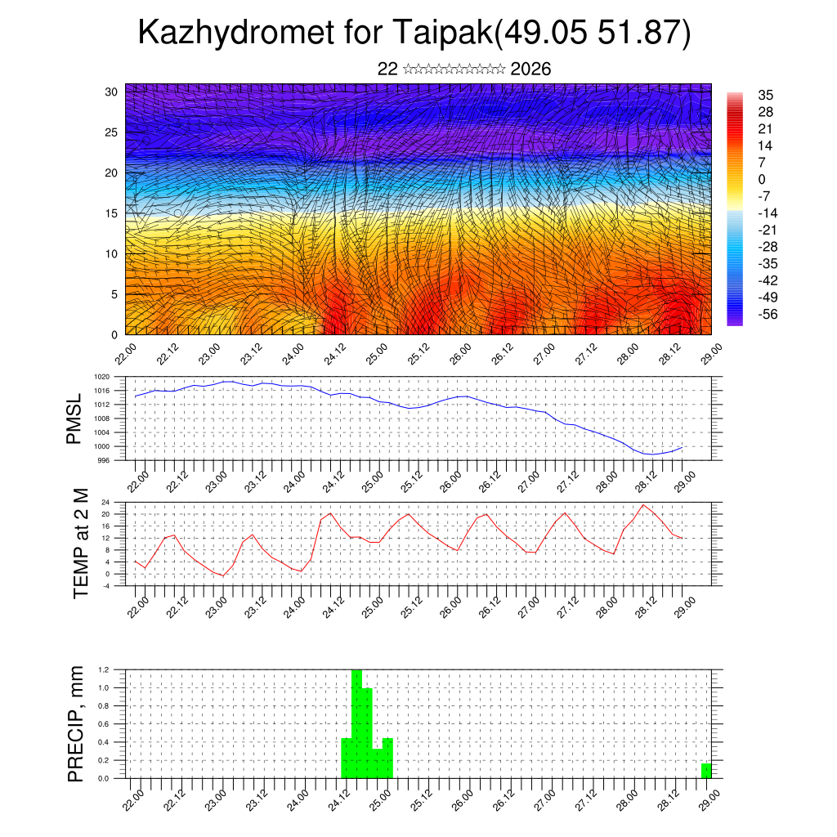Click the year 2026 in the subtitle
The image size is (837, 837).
coord(530,69)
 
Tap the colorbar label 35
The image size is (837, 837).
coord(766,95)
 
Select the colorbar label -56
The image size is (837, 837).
coord(769,313)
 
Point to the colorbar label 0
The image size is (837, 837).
coord(762,179)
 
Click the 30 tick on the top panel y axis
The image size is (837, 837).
coord(111,92)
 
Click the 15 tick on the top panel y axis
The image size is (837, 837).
coord(111,213)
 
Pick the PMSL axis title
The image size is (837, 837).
coord(75,419)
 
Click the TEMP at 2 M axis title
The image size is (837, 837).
coord(80,544)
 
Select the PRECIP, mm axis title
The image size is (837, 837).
coord(76,723)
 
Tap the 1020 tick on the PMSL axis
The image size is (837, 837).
coord(101,377)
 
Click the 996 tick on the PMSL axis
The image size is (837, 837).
coord(103,460)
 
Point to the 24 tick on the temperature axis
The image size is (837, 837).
coord(105,502)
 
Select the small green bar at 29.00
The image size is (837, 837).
coord(706,771)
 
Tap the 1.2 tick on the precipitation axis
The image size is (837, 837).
coord(105,669)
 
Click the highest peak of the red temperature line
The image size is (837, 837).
coord(644,504)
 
